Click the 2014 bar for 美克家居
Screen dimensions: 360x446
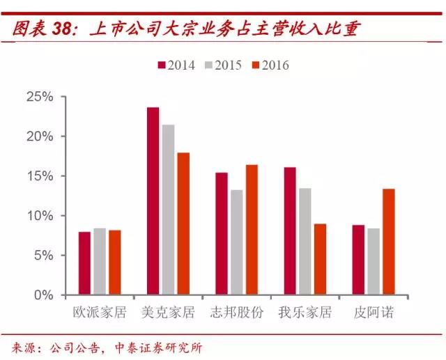(x=153, y=201)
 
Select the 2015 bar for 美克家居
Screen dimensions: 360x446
(x=168, y=210)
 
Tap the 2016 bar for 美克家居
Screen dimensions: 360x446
(x=183, y=224)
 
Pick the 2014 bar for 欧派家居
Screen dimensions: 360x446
(x=84, y=263)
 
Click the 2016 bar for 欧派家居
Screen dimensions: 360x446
(x=114, y=263)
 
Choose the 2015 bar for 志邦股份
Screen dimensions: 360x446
(x=236, y=242)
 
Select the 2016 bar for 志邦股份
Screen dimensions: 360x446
(x=251, y=230)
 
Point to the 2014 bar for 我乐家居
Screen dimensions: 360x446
(x=290, y=230)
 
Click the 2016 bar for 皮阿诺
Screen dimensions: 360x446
(x=388, y=242)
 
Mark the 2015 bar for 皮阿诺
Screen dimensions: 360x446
(x=374, y=262)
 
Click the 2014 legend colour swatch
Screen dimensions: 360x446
(x=162, y=65)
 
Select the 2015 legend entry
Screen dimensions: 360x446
(x=224, y=65)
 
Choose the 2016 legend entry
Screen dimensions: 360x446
(x=270, y=65)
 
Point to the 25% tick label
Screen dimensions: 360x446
(x=40, y=97)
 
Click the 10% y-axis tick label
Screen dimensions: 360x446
(x=40, y=216)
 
